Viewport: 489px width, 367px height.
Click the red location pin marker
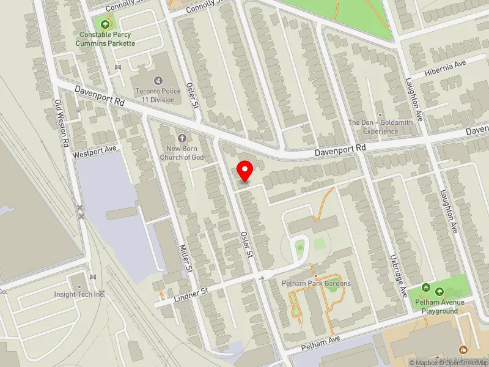coord(245,169)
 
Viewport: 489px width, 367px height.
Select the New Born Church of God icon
coord(182,138)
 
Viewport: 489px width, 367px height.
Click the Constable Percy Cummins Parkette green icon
coord(106,24)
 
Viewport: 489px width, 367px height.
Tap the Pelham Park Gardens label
coord(316,283)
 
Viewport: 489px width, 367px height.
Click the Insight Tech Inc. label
coord(79,294)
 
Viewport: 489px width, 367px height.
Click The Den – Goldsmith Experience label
coord(380,127)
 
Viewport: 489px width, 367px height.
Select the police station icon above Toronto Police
coord(158,80)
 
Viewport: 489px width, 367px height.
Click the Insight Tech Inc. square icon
coord(79,286)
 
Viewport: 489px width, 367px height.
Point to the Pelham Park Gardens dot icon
coord(316,275)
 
